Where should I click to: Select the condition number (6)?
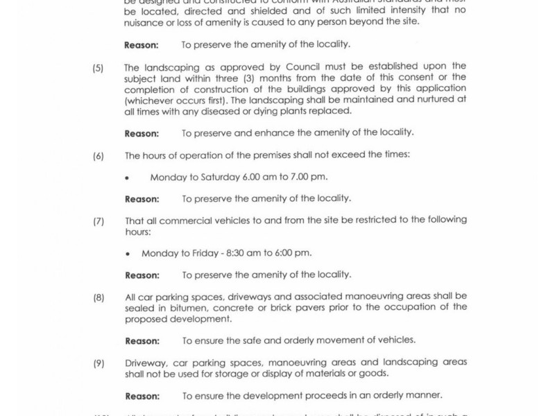tap(98, 155)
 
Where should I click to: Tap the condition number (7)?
tap(98, 220)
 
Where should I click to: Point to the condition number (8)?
tap(98, 297)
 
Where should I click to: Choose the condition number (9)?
tap(98, 362)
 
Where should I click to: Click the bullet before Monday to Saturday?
tap(127, 178)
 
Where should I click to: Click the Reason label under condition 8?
tap(142, 340)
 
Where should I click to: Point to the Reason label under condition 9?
tap(142, 395)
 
